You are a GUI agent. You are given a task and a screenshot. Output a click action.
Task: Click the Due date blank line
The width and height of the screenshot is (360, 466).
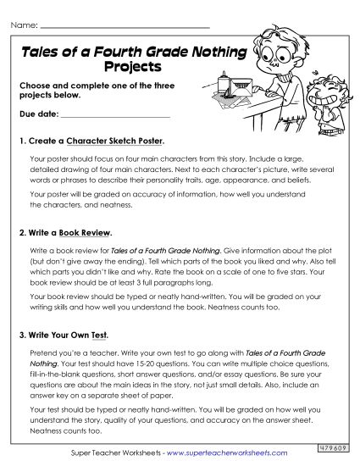tap(110, 115)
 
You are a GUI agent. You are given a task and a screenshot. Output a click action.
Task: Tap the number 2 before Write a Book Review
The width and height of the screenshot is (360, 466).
tap(21, 232)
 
